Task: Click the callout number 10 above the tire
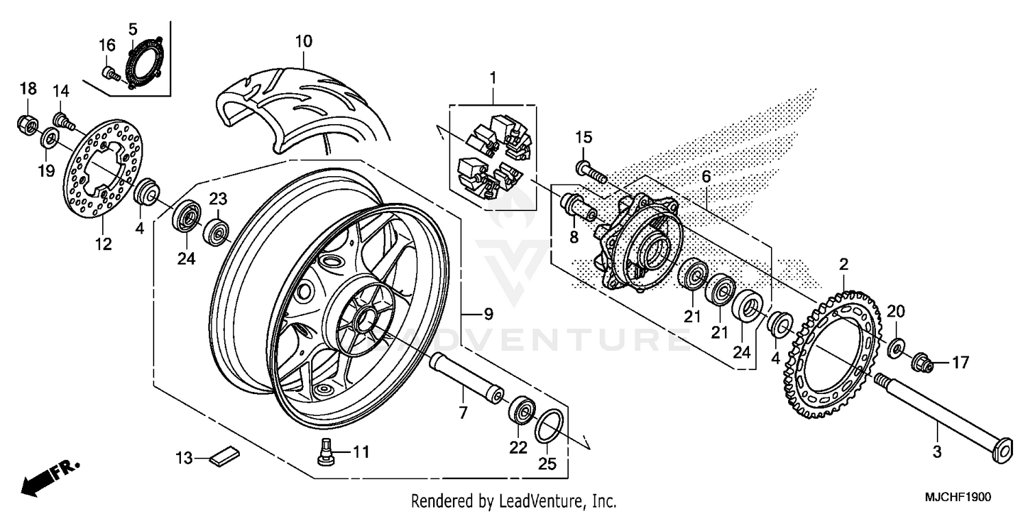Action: point(304,41)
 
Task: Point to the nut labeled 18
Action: point(27,125)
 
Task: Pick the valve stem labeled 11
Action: point(326,452)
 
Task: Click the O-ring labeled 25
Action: point(549,428)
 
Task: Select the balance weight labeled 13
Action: point(225,456)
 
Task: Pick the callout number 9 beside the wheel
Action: point(487,315)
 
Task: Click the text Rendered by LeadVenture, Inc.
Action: point(513,500)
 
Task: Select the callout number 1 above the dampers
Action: point(492,77)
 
